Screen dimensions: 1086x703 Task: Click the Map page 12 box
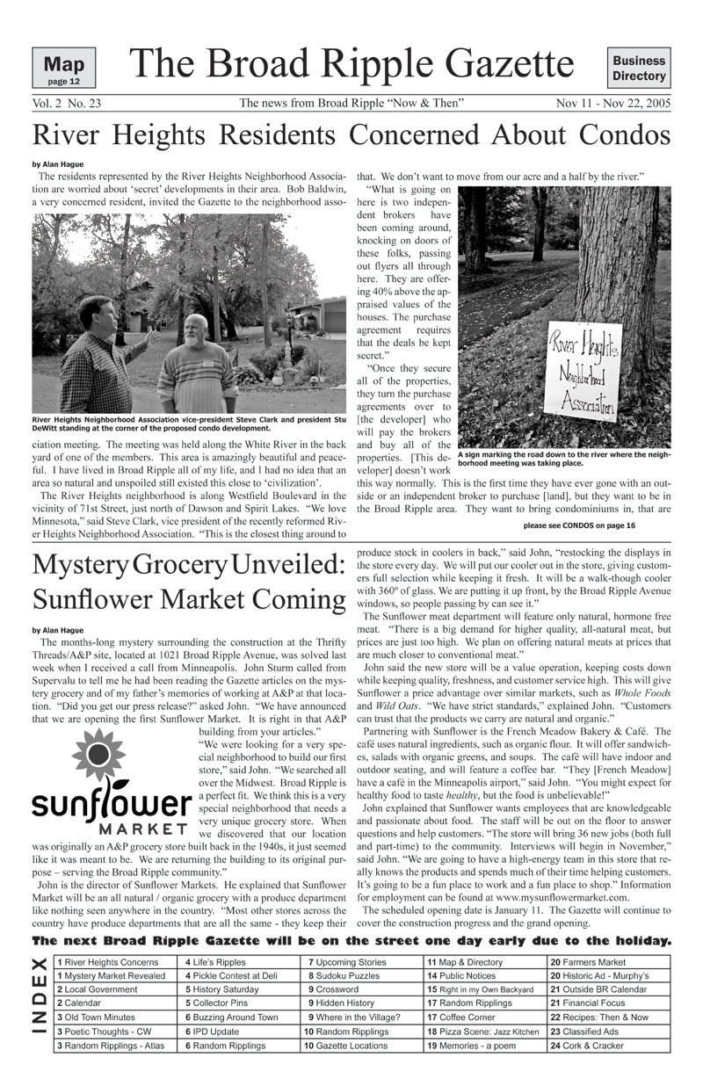click(x=63, y=69)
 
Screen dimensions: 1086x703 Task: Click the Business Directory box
click(x=639, y=69)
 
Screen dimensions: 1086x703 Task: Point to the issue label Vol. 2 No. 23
click(x=66, y=104)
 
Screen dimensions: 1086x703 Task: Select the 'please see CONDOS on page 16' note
click(x=579, y=525)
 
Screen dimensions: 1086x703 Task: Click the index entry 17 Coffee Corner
click(x=460, y=1017)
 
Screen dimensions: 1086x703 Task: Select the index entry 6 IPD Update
click(x=212, y=1032)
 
